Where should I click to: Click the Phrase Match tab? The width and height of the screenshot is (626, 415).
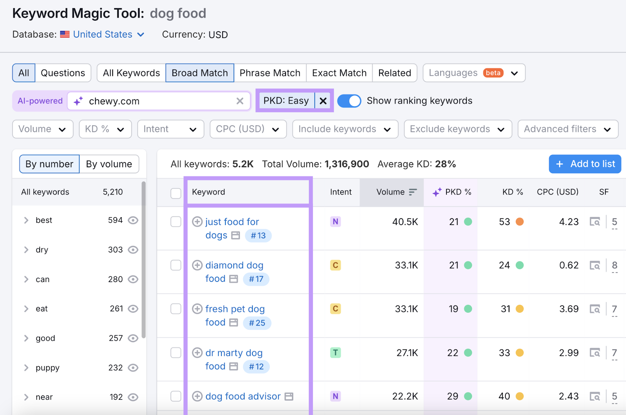[270, 73]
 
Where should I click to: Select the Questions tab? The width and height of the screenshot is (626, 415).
[63, 73]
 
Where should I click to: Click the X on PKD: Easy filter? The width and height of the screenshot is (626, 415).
[323, 101]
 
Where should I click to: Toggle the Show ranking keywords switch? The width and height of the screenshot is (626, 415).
[349, 101]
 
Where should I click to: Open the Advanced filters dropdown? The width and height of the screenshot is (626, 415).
[567, 129]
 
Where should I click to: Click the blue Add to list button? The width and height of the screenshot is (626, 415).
[585, 164]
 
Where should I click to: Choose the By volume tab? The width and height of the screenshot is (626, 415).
[109, 164]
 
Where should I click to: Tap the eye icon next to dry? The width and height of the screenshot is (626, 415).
[133, 250]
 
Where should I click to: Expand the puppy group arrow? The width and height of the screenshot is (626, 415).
[26, 368]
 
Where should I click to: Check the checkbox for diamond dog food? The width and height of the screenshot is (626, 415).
[176, 265]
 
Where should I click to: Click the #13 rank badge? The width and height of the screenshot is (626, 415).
[258, 236]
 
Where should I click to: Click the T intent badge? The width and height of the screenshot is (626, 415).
[335, 353]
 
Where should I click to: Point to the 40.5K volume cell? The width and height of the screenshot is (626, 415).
[405, 222]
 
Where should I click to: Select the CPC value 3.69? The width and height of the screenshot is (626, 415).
[568, 309]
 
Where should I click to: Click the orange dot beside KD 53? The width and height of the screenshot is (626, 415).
[520, 222]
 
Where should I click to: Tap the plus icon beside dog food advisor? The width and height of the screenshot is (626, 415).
[197, 396]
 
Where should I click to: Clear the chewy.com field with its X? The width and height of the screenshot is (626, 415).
[240, 101]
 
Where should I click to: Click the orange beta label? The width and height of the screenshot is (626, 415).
[493, 73]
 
